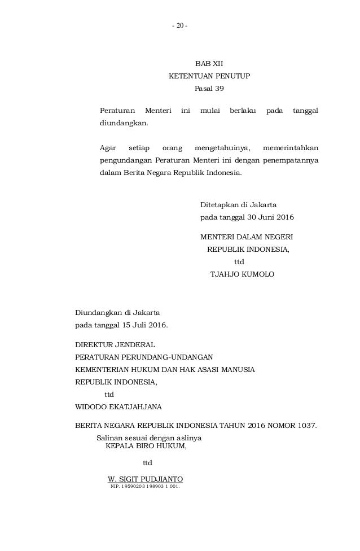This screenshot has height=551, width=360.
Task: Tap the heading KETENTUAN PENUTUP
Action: (209, 76)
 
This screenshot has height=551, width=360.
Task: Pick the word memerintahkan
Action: (289, 148)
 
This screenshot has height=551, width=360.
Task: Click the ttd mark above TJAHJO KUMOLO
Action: (239, 262)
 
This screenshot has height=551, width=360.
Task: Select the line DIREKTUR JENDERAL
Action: (115, 344)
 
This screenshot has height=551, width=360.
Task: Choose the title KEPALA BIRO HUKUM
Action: (146, 445)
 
